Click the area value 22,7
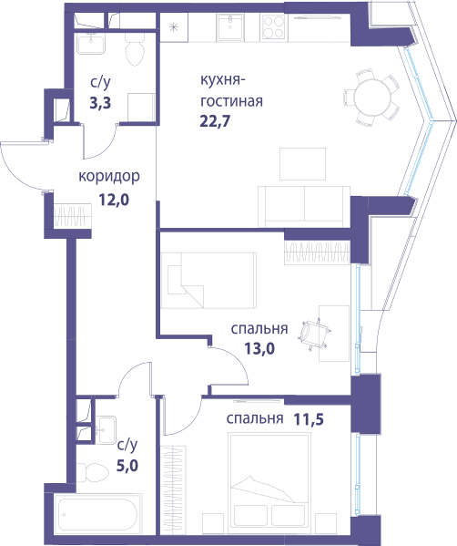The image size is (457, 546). (215, 121)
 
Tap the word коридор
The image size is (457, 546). (109, 177)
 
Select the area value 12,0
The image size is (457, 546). (114, 200)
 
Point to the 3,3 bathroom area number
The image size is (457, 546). (100, 103)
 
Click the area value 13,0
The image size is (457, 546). (259, 348)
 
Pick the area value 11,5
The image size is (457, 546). (309, 419)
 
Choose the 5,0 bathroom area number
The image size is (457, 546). (127, 466)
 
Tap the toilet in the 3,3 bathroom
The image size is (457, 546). (135, 50)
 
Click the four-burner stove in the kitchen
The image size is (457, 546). (274, 27)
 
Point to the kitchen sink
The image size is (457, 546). (230, 27)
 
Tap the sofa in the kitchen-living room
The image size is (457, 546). (304, 207)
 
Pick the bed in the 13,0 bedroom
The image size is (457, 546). (208, 281)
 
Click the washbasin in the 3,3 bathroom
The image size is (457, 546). (90, 44)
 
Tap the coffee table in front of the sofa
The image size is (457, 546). (302, 164)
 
